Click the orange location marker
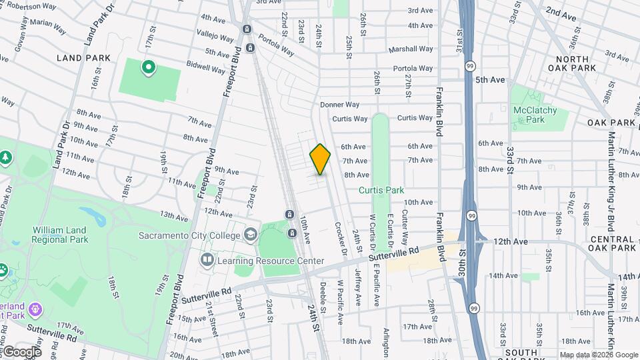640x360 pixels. point(321,159)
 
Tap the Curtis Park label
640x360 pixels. point(381,190)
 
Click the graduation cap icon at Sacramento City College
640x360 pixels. point(250,235)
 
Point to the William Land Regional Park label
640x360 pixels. point(60,234)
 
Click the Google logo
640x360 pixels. point(22,351)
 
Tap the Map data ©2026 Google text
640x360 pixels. point(599,355)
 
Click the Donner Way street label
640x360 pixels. point(339,105)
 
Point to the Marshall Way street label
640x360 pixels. point(411,49)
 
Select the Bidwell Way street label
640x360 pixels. point(206,68)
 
